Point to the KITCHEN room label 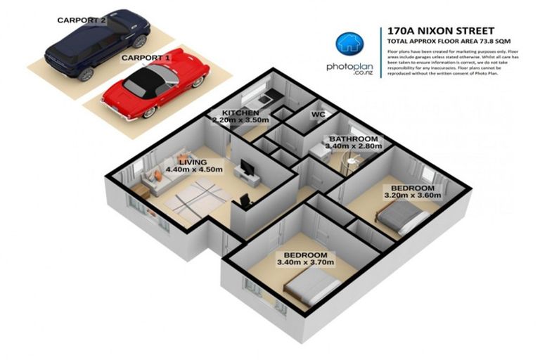tap(241, 112)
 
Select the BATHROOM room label tap(354, 139)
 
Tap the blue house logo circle tap(348, 43)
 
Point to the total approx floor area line tap(443, 42)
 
